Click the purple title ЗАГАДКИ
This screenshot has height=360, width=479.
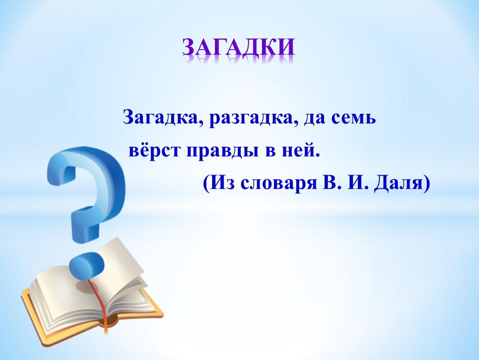coord(238,47)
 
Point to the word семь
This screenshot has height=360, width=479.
coord(354,119)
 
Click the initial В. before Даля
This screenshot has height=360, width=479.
coord(327,183)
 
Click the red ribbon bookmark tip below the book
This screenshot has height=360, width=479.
coord(105,329)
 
